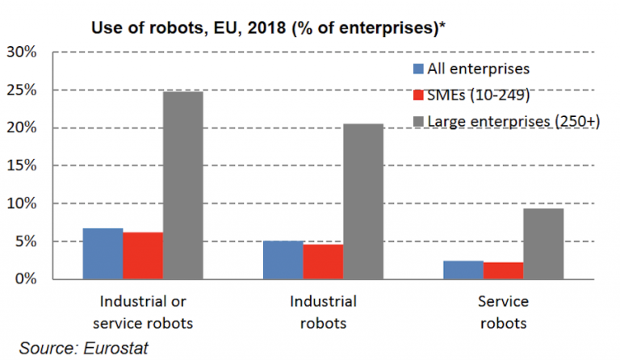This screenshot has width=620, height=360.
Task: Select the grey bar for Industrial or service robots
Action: coord(182,186)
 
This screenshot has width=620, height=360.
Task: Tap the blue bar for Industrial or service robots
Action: coord(103,253)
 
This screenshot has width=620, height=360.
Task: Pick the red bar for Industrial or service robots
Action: coord(143,256)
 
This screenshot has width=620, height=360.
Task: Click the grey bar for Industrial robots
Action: coord(362,202)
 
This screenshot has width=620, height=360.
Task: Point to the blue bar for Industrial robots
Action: coord(283,260)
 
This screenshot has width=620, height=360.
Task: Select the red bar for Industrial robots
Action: coord(323,262)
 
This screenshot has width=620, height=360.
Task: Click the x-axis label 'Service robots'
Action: coord(502,312)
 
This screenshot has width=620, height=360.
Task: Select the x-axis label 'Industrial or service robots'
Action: coord(142,312)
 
